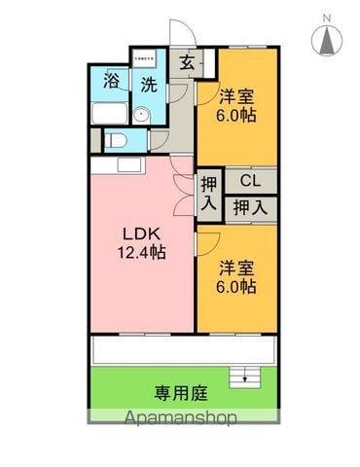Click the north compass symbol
pos(327,38)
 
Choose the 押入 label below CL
pos(251,206)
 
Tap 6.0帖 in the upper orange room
pos(236,115)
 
